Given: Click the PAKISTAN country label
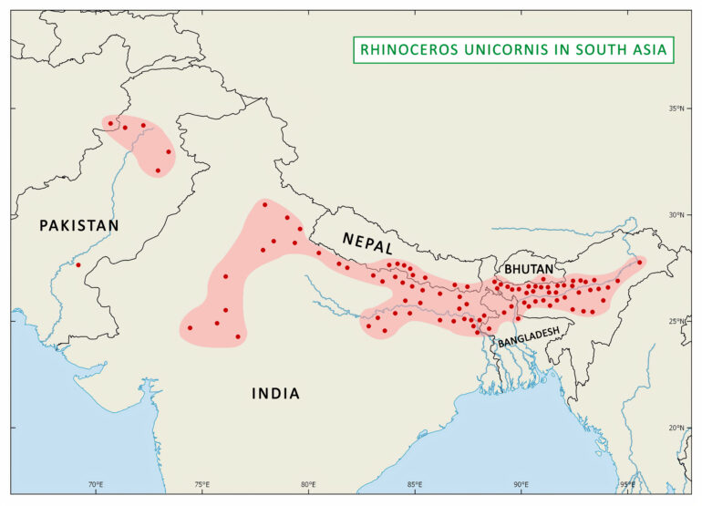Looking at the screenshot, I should tap(79, 225).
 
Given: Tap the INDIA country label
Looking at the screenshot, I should tap(275, 393).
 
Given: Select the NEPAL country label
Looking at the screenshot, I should tap(368, 243).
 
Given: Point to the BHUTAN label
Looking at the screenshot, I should tap(528, 270).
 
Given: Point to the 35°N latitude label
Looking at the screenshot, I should tap(676, 108).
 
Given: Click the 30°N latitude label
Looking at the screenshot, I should tap(676, 215).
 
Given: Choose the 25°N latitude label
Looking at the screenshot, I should tap(676, 321).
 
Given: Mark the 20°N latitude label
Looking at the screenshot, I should tap(676, 428).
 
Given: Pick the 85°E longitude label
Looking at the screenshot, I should tap(415, 484).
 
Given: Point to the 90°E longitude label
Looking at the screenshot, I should tap(521, 484).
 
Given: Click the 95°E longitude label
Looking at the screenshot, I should tap(627, 484).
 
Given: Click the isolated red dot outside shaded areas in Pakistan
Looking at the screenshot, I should tap(78, 265).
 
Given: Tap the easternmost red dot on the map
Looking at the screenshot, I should tap(639, 262).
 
